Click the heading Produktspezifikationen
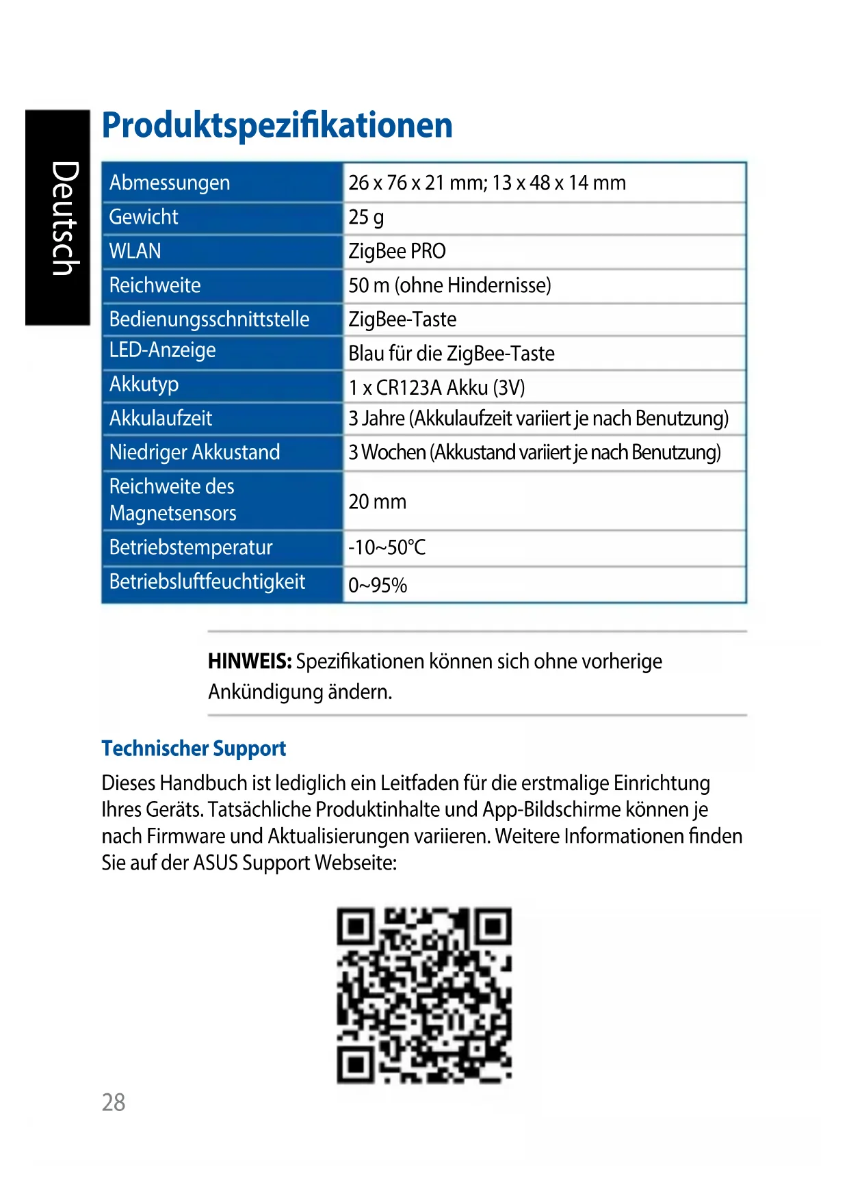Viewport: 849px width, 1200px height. pos(277,125)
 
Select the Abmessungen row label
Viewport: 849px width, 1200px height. pos(170,183)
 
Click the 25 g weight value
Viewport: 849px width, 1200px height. pos(366,218)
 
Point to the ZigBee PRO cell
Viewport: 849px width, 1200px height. pos(397,251)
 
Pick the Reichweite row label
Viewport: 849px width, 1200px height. pos(155,285)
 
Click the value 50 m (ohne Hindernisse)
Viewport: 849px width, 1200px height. pos(449,285)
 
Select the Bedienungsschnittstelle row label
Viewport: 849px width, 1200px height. pos(209,319)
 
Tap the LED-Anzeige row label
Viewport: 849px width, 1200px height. pos(163,350)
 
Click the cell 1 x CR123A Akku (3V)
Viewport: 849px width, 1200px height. pos(436,388)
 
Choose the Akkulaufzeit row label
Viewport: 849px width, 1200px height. pos(161,418)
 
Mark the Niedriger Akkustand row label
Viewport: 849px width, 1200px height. pos(195,452)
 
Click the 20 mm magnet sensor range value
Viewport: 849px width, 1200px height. pos(377,501)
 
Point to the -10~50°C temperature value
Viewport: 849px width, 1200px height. pos(387,547)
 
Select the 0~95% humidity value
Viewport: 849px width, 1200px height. pos(378,585)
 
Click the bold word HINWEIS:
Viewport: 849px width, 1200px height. pos(250,662)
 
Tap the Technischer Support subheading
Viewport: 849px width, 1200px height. pos(194,748)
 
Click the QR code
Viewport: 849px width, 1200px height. pos(424,995)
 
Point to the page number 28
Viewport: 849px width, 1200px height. pos(114,1102)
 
